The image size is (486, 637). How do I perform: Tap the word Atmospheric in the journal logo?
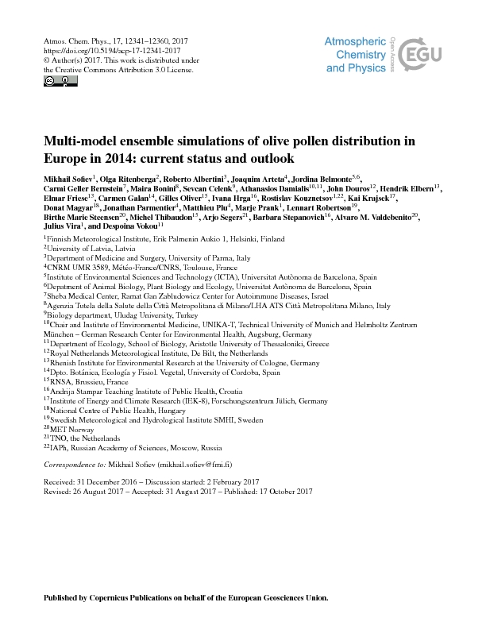coord(356,42)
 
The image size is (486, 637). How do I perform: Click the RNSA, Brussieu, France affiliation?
coord(87,380)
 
